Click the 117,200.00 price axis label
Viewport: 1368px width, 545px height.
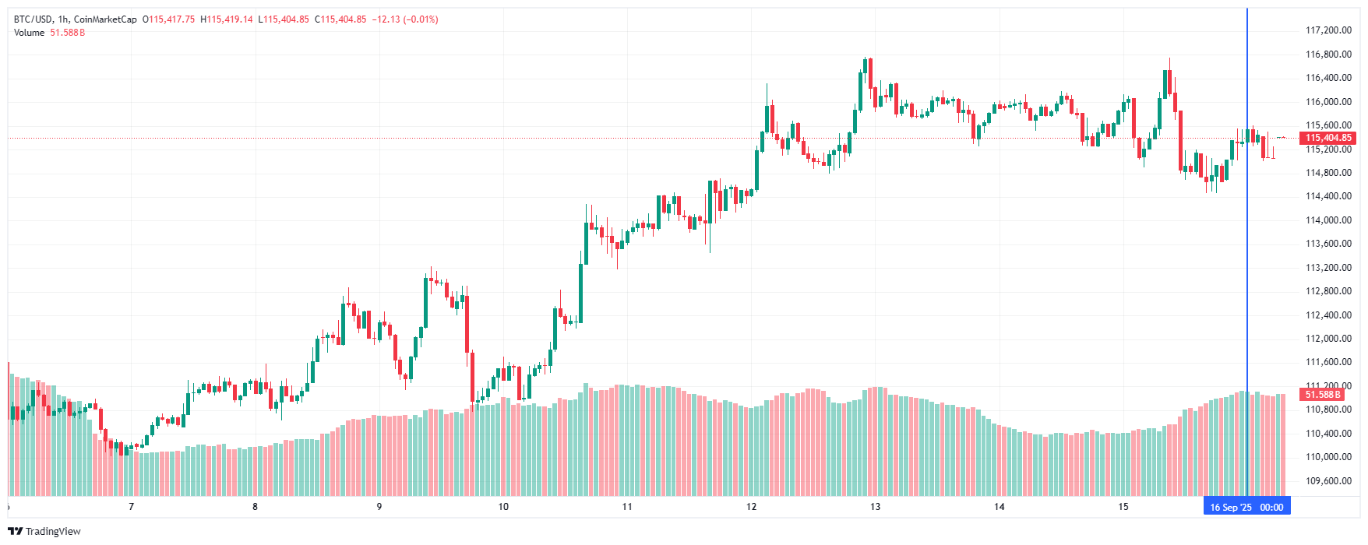1328,30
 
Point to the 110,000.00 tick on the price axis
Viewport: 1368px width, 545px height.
1328,457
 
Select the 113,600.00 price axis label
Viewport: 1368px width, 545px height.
1328,244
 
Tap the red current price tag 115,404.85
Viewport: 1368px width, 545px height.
1328,138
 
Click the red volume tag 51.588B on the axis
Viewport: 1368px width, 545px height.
1323,395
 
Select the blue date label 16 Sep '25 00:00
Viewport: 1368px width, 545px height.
1246,507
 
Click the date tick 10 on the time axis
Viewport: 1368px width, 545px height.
503,507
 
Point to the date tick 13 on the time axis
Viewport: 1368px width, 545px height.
876,507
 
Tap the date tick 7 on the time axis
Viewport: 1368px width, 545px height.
131,507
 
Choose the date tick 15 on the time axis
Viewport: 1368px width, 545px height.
1123,507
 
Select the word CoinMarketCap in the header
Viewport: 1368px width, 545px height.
105,19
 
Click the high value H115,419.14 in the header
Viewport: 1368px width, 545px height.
227,19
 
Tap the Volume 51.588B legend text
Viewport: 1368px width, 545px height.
49,33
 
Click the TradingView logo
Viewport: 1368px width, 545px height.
44,531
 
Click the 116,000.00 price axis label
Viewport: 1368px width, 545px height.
1328,102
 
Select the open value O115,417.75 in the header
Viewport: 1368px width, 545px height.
169,19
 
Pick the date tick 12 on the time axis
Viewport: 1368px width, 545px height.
751,507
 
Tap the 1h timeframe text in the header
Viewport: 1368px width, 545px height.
63,19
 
